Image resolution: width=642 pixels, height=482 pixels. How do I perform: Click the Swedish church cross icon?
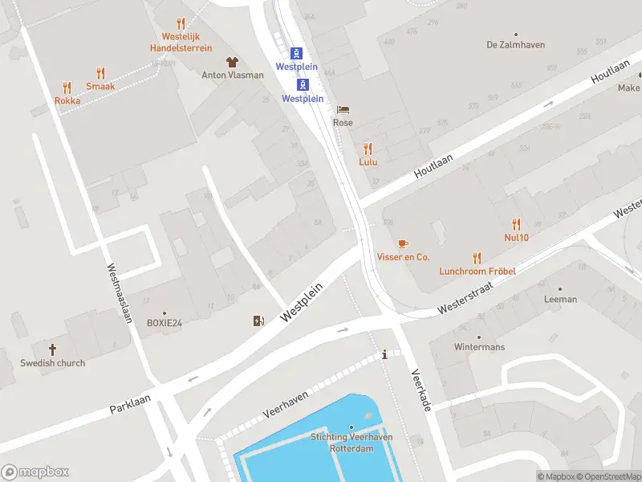pyautogui.click(x=53, y=349)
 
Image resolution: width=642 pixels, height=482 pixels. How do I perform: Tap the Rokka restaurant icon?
pyautogui.click(x=67, y=88)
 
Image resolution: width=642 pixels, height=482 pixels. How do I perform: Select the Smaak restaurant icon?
pyautogui.click(x=100, y=73)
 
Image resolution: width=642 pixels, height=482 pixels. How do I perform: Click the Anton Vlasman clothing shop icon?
pyautogui.click(x=232, y=62)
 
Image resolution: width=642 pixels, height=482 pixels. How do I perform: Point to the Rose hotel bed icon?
pyautogui.click(x=343, y=109)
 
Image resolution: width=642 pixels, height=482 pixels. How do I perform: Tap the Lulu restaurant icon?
pyautogui.click(x=368, y=149)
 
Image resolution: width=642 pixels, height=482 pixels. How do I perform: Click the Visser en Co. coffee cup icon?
pyautogui.click(x=403, y=243)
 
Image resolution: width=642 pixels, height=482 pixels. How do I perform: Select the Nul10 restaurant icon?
pyautogui.click(x=516, y=224)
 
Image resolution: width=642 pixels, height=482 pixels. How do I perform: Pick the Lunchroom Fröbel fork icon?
pyautogui.click(x=477, y=258)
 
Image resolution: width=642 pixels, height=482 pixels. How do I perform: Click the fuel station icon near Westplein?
pyautogui.click(x=258, y=321)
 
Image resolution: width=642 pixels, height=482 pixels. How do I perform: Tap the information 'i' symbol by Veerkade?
pyautogui.click(x=385, y=354)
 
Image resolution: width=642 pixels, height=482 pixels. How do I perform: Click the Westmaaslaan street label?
pyautogui.click(x=118, y=294)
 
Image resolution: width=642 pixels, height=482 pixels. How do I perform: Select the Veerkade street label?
pyautogui.click(x=421, y=390)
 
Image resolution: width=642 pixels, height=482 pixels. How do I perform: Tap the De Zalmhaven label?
pyautogui.click(x=516, y=45)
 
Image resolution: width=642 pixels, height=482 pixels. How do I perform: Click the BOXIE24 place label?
pyautogui.click(x=165, y=323)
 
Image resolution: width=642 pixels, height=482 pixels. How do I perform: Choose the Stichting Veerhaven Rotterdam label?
pyautogui.click(x=352, y=443)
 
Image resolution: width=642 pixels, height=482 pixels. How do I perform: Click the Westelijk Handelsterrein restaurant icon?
pyautogui.click(x=181, y=24)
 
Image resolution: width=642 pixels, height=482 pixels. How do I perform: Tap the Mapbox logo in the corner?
pyautogui.click(x=35, y=472)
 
